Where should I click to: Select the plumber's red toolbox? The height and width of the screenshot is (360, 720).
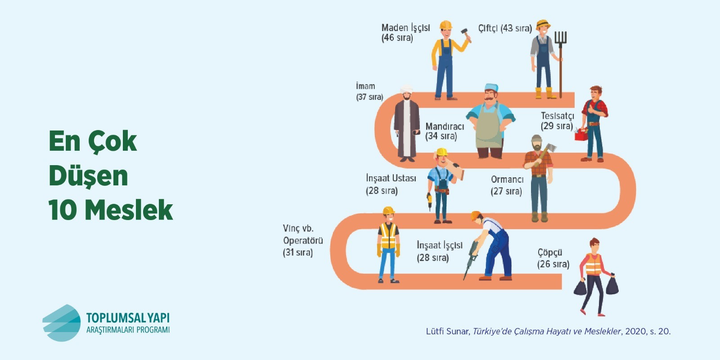581,135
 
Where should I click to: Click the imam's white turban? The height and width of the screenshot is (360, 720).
407,89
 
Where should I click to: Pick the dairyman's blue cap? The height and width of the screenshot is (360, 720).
491,87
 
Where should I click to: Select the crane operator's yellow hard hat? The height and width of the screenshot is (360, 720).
388,211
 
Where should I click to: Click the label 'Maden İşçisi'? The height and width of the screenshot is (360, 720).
405,28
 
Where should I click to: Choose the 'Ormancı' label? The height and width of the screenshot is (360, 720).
507,180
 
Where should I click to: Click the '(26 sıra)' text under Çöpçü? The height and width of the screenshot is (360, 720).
553,264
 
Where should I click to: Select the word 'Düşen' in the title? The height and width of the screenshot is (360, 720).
88,176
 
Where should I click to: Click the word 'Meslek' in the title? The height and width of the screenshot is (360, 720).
129,210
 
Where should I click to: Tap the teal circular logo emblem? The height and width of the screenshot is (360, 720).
61,323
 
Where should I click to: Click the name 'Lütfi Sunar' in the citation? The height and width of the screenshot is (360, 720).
447,331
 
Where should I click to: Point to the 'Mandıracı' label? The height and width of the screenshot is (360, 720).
445,126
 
